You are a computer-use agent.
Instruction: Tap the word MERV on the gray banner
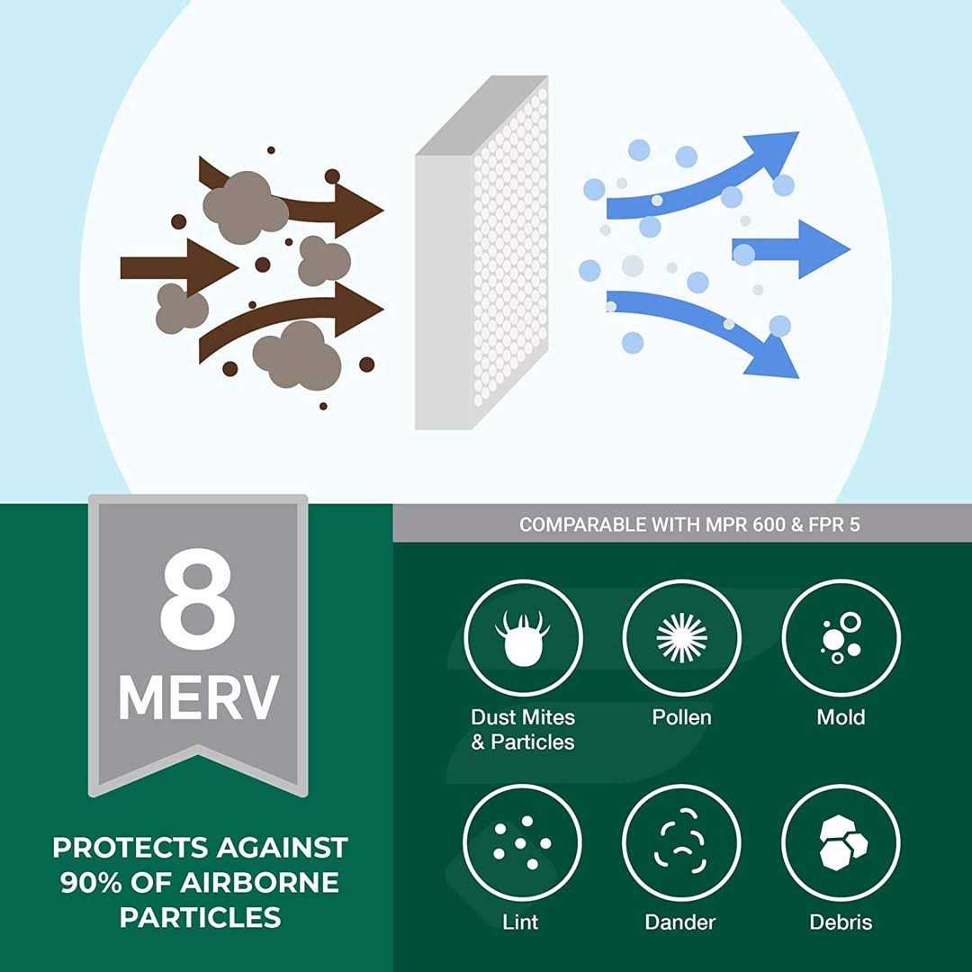point(198,698)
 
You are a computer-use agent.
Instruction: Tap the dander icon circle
point(681,842)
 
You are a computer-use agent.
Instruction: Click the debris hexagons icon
point(841,842)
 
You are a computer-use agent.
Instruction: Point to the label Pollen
point(681,717)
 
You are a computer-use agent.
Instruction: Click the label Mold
point(841,717)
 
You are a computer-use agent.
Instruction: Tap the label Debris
point(841,922)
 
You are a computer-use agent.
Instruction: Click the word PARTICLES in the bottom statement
point(200,917)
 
